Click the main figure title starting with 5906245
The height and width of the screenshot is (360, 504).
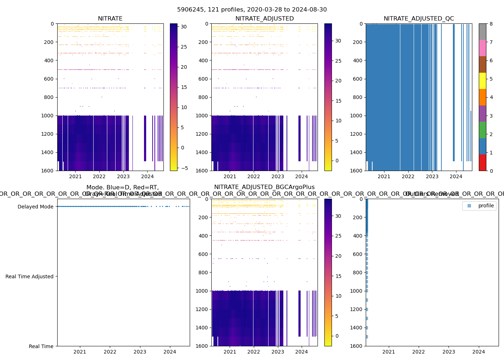click(252, 10)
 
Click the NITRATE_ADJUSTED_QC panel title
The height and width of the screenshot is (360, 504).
click(419, 19)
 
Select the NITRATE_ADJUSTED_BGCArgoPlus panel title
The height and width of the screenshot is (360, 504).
click(264, 187)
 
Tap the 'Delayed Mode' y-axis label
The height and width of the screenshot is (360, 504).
click(35, 207)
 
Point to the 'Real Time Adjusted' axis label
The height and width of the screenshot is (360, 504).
click(29, 276)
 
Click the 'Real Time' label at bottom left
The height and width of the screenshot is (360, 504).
click(41, 346)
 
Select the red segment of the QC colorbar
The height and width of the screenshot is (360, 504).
click(482, 162)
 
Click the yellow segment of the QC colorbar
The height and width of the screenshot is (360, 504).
click(482, 81)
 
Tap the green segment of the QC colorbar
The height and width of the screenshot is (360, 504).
click(482, 130)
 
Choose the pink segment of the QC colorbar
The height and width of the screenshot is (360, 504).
click(482, 48)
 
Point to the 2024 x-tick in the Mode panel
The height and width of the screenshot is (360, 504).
click(170, 352)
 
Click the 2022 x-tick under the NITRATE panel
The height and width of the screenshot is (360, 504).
click(99, 176)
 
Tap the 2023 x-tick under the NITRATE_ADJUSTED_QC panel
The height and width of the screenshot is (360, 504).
click(432, 176)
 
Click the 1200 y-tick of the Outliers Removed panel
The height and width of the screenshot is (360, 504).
click(358, 309)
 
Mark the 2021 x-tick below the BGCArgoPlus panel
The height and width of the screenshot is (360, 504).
click(230, 352)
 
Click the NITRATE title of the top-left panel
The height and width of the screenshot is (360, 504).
click(110, 19)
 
